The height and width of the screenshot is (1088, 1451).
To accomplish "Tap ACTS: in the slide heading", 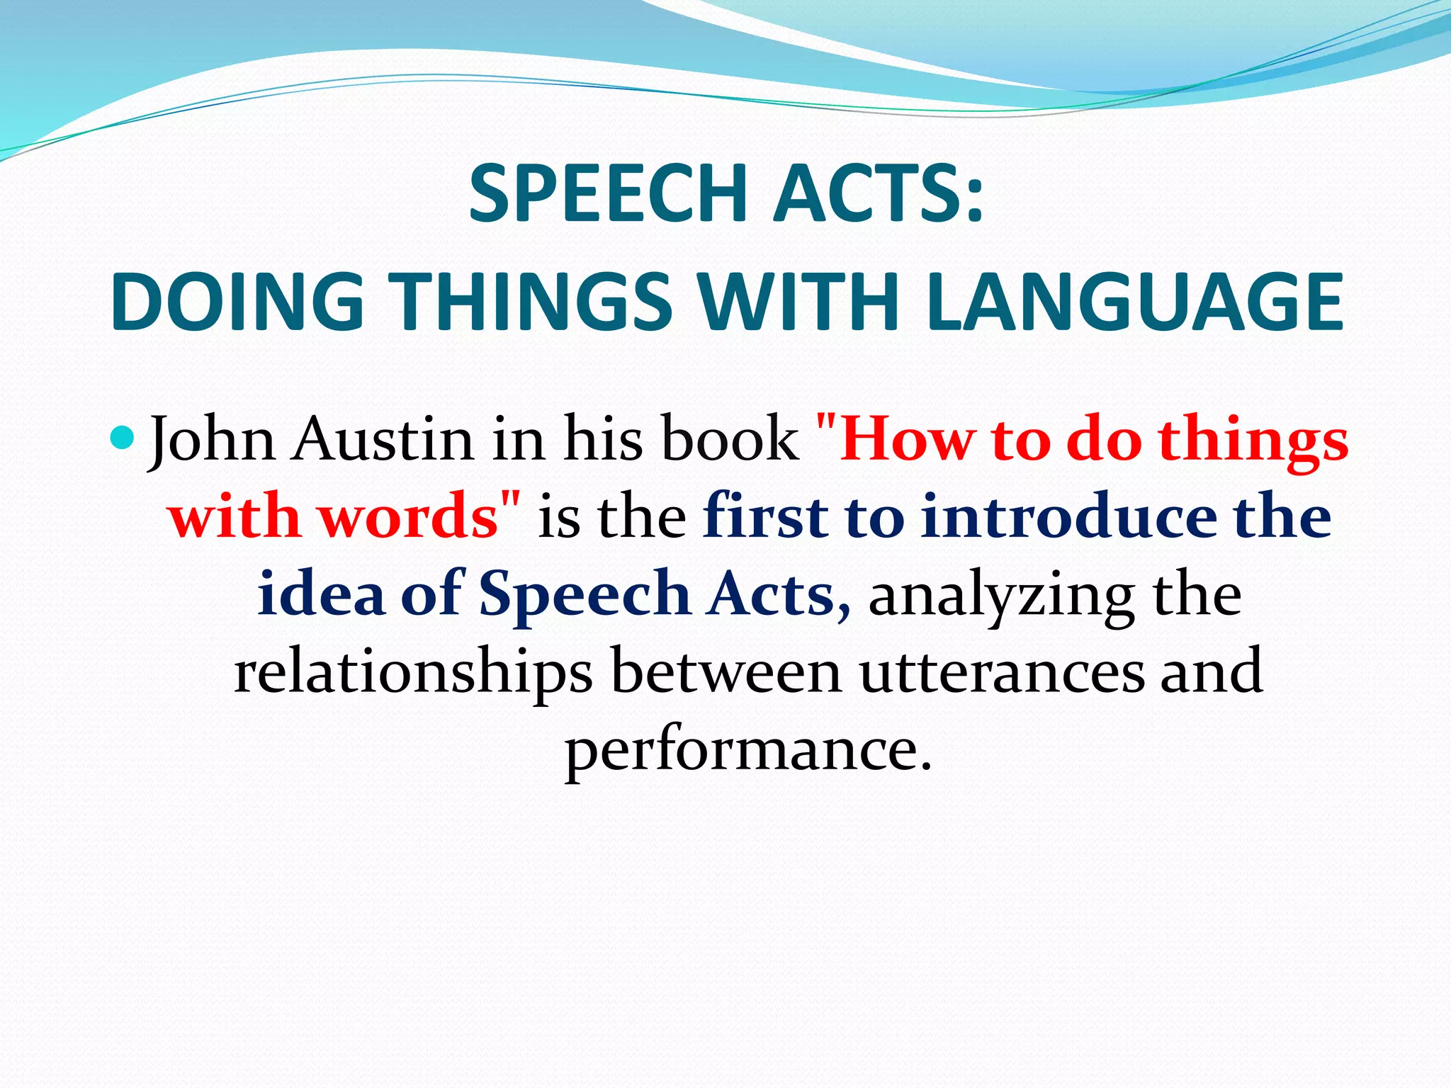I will pyautogui.click(x=878, y=193).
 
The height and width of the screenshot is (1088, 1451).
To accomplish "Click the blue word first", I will pyautogui.click(x=766, y=516).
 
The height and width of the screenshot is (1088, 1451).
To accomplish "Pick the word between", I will pyautogui.click(x=725, y=671).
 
